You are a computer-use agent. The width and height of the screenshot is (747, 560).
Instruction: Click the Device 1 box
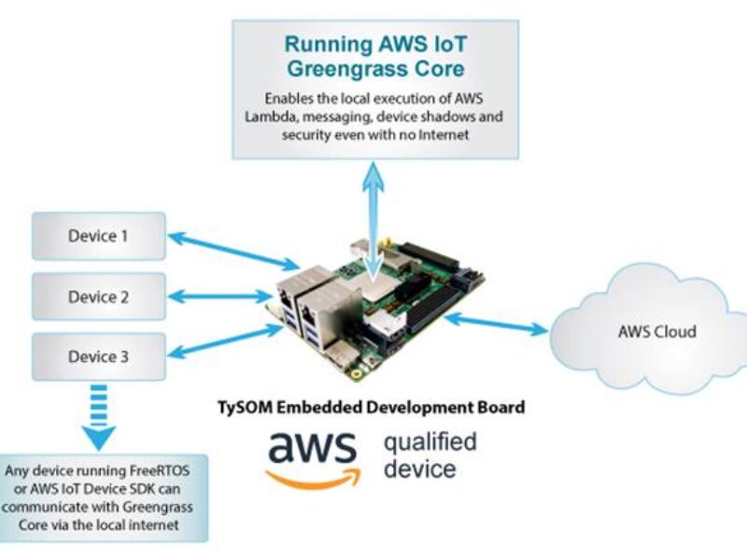98,236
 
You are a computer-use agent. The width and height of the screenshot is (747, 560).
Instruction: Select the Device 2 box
98,297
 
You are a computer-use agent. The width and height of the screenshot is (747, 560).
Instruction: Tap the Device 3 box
98,357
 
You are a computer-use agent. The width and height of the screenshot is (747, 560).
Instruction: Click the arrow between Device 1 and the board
233,251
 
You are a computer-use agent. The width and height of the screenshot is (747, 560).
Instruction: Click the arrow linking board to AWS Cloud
496,323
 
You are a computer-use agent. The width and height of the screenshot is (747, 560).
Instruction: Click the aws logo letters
312,448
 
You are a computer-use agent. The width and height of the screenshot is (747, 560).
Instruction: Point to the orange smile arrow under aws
312,478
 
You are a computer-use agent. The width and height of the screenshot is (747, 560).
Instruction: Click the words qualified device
430,454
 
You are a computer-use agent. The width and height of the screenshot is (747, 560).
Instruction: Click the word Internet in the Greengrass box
439,134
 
